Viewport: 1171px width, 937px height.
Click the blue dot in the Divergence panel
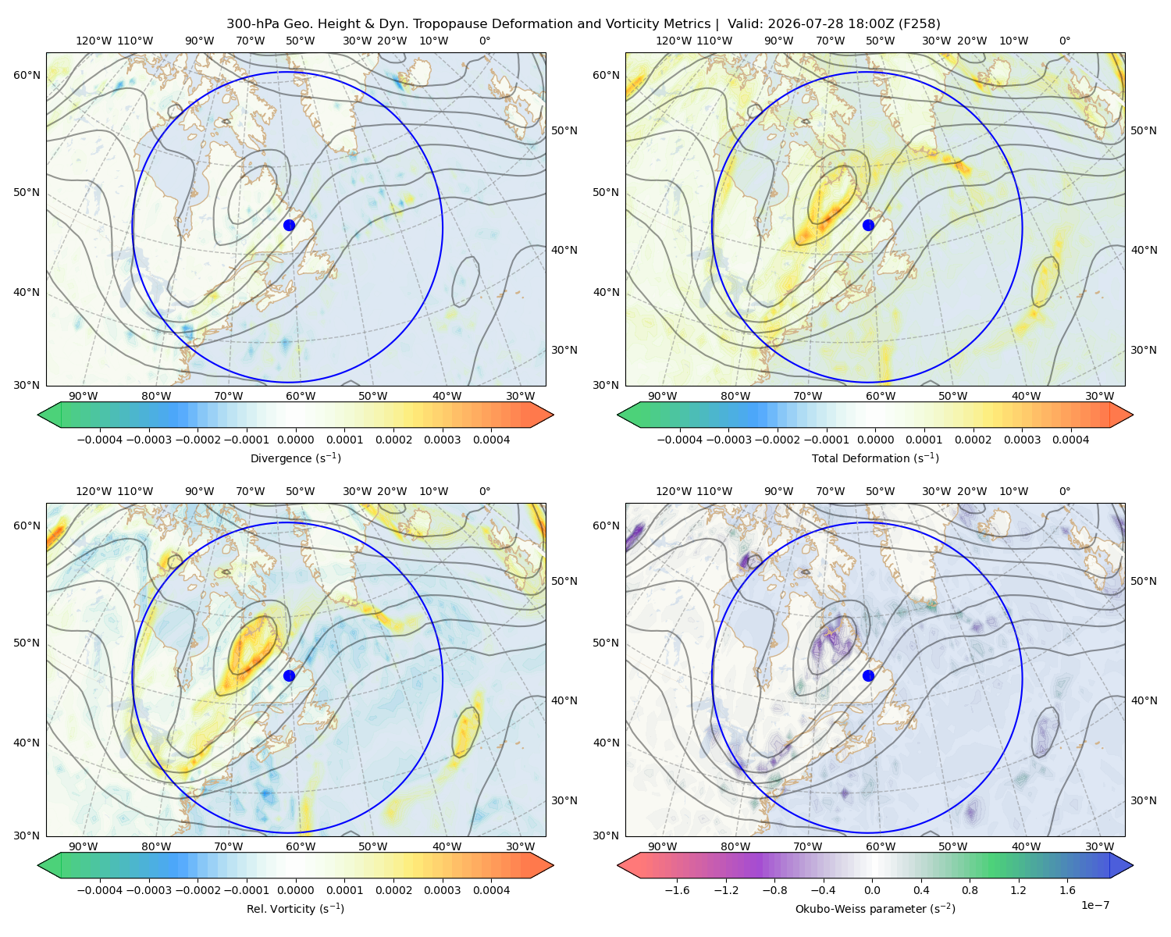pyautogui.click(x=289, y=225)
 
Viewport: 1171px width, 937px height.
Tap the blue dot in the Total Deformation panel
pyautogui.click(x=868, y=225)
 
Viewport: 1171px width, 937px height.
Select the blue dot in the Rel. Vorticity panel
pyautogui.click(x=289, y=675)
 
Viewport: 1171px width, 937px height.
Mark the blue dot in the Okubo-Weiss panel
pyautogui.click(x=868, y=675)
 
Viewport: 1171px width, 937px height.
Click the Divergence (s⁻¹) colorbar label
pyautogui.click(x=295, y=458)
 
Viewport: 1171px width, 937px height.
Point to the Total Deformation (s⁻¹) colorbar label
pyautogui.click(x=875, y=458)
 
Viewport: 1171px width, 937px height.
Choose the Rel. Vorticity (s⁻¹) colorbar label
pyautogui.click(x=295, y=908)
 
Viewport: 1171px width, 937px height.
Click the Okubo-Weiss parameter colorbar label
pyautogui.click(x=875, y=908)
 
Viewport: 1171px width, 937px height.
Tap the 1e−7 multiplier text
pyautogui.click(x=1094, y=905)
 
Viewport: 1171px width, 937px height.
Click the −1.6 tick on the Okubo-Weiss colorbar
pyautogui.click(x=677, y=889)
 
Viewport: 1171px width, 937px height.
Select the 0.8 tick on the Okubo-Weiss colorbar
pyautogui.click(x=970, y=889)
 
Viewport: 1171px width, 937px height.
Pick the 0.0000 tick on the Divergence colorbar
pyautogui.click(x=295, y=440)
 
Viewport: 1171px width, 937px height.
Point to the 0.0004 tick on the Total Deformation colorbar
pyautogui.click(x=1070, y=440)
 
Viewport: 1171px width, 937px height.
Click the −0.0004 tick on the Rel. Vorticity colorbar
pyautogui.click(x=100, y=889)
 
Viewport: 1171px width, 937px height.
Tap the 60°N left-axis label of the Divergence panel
pyautogui.click(x=27, y=75)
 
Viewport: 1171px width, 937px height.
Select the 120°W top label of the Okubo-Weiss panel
pyautogui.click(x=673, y=490)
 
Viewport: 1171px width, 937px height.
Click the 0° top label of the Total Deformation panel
pyautogui.click(x=1064, y=41)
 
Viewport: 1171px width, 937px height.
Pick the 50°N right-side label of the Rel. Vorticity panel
pyautogui.click(x=564, y=580)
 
